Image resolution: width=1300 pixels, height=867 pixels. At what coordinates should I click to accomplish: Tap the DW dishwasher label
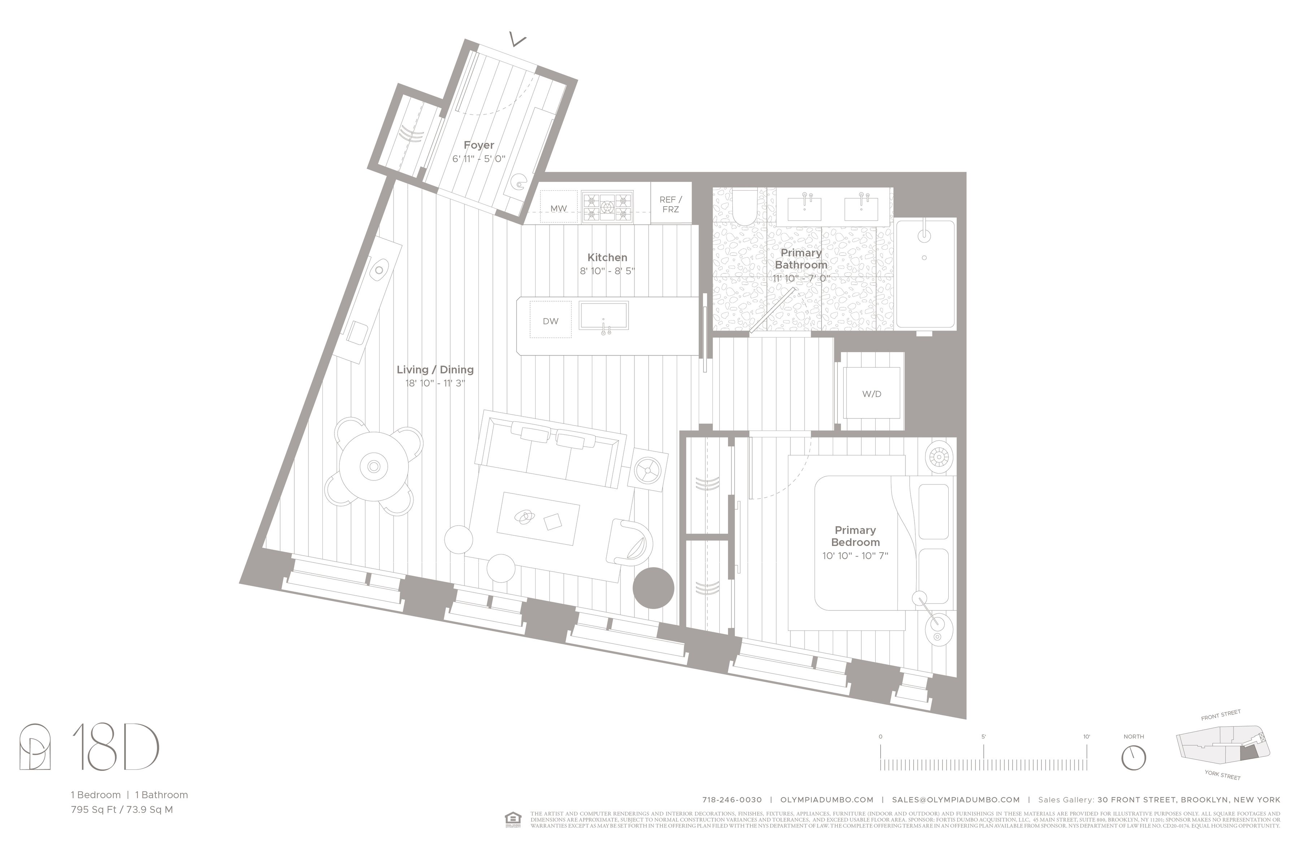point(550,321)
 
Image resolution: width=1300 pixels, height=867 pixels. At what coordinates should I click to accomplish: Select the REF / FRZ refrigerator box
point(671,203)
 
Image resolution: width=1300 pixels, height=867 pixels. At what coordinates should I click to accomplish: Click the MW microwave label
point(558,208)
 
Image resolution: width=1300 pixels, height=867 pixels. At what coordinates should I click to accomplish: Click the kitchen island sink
point(603,316)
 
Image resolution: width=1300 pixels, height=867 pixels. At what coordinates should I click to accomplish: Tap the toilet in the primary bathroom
point(744,207)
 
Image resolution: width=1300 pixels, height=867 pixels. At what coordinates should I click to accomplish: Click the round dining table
point(374,466)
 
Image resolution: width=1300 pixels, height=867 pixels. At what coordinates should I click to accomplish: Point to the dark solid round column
point(653,588)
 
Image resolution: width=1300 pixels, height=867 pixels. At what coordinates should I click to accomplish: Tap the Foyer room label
point(479,145)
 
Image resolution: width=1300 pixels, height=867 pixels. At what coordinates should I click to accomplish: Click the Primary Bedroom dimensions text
point(854,556)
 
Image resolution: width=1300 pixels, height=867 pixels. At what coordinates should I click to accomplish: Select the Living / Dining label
point(435,369)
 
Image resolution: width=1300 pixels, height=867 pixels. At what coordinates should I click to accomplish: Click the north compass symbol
point(1133,758)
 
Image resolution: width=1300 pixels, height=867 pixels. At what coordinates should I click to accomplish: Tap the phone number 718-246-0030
point(731,799)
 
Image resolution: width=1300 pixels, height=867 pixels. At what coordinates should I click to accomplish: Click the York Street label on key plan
point(1222,775)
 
